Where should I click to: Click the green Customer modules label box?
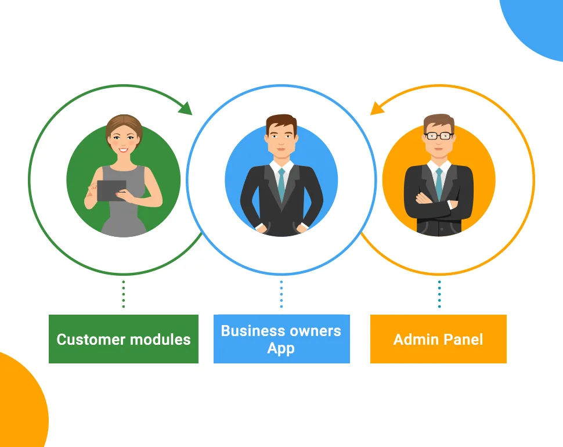[123, 339]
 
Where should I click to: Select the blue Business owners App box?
[281, 339]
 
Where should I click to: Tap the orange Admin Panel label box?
[438, 339]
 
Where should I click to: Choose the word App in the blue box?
[281, 348]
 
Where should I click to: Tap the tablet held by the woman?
[111, 190]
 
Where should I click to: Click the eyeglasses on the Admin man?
[439, 136]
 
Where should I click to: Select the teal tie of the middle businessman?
[281, 183]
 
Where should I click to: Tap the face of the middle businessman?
[281, 139]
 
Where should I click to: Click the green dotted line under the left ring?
[123, 294]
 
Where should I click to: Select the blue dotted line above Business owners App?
[281, 294]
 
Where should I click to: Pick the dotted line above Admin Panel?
[439, 294]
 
